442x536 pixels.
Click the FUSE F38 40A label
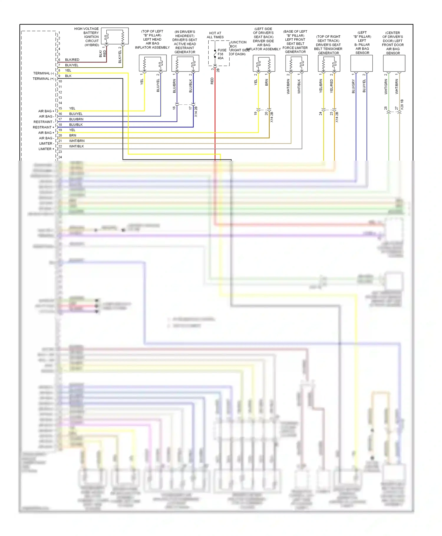tap(221, 54)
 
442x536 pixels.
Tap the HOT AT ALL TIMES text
tap(215, 35)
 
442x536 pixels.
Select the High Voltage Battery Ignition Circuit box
tap(115, 36)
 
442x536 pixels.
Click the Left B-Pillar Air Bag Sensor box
tap(362, 63)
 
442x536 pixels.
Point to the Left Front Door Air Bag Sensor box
tap(394, 63)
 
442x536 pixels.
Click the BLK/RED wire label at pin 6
tap(72, 60)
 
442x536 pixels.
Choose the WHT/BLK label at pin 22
tap(76, 146)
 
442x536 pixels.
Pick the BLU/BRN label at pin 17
tap(76, 119)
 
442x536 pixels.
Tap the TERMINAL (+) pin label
tap(44, 79)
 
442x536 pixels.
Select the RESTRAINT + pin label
tap(43, 127)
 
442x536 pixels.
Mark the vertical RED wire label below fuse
tap(212, 81)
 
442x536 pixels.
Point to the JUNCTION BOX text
tap(238, 44)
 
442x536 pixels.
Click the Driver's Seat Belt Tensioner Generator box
tap(329, 63)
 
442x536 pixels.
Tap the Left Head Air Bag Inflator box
tap(153, 63)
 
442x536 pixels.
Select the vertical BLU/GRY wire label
tap(353, 86)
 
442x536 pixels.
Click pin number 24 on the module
tap(60, 157)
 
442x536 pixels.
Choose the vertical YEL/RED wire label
tap(331, 86)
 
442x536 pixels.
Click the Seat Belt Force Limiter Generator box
tap(296, 63)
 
